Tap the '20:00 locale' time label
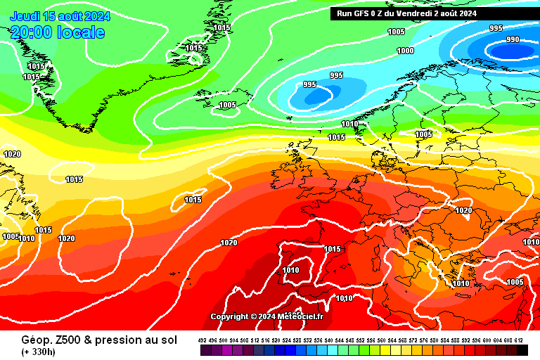pos(58,32)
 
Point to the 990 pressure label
pos(513,39)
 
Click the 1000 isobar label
pos(405,51)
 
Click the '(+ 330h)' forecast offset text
pos(39,351)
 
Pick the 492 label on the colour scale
pos(204,340)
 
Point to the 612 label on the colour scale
pos(518,340)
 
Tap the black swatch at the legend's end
pos(522,350)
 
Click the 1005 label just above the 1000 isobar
pos(397,32)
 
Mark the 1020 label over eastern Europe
pos(463,210)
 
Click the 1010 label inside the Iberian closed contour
pos(290,269)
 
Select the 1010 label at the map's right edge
pos(531,242)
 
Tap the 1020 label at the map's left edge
pos(12,154)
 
